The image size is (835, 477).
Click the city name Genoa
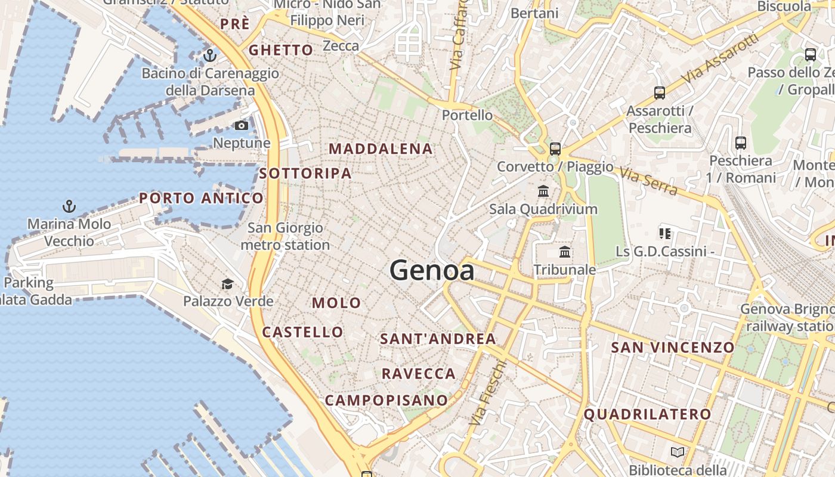click(x=432, y=271)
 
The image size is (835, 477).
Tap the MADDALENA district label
click(x=381, y=149)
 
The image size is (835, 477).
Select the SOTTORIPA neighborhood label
click(x=305, y=174)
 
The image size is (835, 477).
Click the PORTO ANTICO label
click(x=201, y=198)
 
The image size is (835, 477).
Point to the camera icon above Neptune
click(x=242, y=125)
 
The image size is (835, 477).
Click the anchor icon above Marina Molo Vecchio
click(x=69, y=206)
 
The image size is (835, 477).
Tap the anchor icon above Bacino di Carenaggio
click(x=209, y=55)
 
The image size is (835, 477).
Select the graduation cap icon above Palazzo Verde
click(x=227, y=283)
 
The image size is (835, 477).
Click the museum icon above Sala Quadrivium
click(x=543, y=191)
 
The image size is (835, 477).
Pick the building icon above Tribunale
click(x=565, y=252)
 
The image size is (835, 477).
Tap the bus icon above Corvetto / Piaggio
click(x=555, y=148)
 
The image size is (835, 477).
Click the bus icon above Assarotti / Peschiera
click(x=660, y=93)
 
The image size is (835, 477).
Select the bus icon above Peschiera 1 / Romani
click(x=741, y=143)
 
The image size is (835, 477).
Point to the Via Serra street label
click(x=648, y=181)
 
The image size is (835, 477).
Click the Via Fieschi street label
click(x=487, y=392)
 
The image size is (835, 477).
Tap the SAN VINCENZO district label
click(x=673, y=347)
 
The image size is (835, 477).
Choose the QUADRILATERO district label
click(x=647, y=414)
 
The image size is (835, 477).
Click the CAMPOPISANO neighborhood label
click(x=386, y=400)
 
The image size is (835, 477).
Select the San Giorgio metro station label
click(x=285, y=236)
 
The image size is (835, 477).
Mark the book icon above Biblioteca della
click(x=677, y=453)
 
